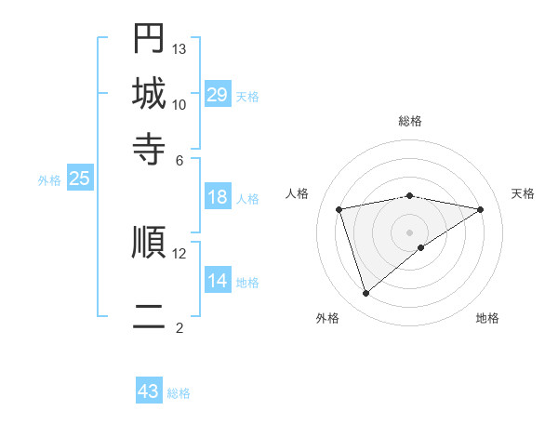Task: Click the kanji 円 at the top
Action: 149,37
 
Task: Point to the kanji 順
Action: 149,242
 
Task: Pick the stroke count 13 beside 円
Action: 179,48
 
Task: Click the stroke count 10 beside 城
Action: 179,104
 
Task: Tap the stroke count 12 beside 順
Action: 179,253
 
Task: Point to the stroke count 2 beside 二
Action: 179,327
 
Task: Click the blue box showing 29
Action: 218,95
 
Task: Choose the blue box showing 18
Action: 218,197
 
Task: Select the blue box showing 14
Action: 218,281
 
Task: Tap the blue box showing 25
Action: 79,179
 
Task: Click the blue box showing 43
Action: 149,391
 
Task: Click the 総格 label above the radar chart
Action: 410,121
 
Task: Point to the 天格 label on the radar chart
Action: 523,193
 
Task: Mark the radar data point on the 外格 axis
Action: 365,294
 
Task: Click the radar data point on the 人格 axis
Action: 339,209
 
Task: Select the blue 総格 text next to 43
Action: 179,393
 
